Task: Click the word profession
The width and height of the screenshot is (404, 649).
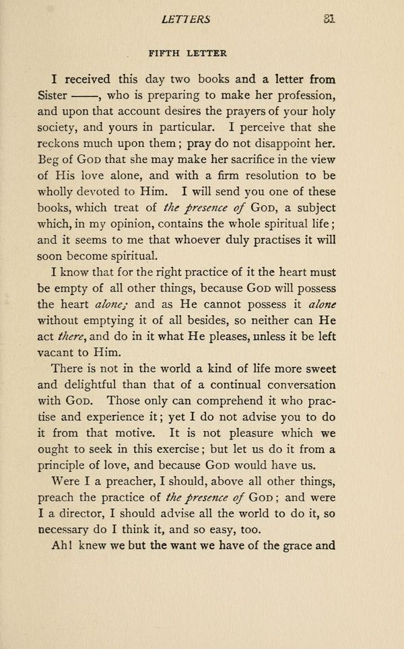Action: click(299, 94)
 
